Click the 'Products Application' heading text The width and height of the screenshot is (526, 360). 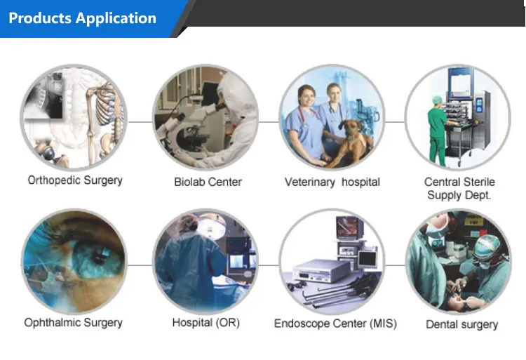[82, 18]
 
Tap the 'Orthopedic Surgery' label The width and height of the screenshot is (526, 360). [75, 180]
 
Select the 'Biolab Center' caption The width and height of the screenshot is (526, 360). [208, 182]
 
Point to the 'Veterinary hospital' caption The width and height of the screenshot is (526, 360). [332, 182]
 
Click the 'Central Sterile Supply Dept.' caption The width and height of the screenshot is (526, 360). [459, 188]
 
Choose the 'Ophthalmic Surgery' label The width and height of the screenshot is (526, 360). [73, 323]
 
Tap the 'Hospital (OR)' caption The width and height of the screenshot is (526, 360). [205, 323]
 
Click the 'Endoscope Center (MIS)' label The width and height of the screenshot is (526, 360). [335, 324]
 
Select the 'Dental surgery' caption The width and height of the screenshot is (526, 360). [461, 324]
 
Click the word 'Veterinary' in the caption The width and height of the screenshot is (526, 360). [309, 182]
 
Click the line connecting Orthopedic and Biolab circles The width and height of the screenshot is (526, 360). [140, 121]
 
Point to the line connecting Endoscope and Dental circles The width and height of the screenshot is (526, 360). [396, 265]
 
